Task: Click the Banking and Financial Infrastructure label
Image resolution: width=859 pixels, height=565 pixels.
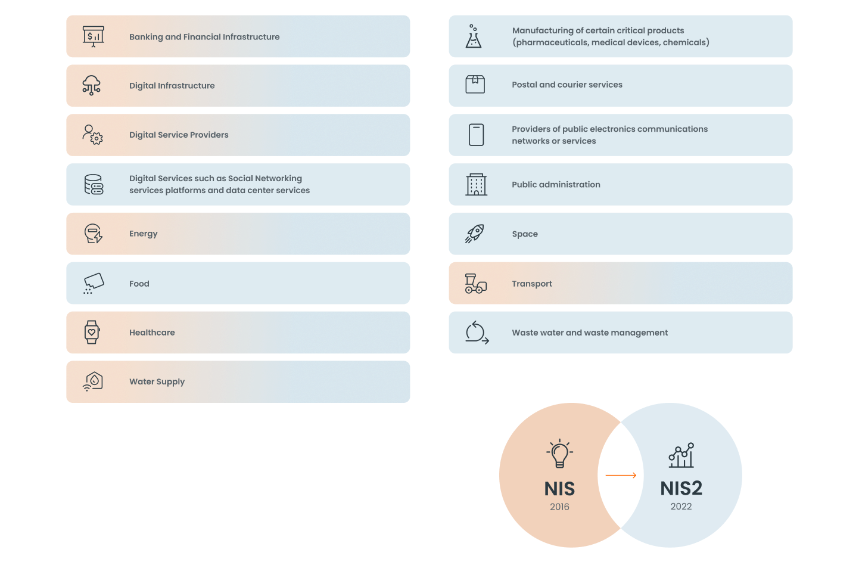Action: coord(204,37)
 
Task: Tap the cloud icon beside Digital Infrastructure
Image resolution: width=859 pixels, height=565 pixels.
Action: coord(91,85)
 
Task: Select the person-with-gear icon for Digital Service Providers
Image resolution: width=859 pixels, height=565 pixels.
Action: coord(92,135)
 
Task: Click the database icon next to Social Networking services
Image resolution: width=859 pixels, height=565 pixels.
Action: coord(94,185)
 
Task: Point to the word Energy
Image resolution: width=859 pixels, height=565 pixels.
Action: coord(144,234)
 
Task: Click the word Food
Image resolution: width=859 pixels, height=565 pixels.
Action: coord(139,284)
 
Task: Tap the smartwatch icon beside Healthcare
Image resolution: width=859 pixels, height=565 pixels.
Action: coord(92,332)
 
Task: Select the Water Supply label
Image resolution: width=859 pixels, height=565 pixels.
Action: coord(157,381)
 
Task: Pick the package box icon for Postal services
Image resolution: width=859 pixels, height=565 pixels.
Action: coord(475,85)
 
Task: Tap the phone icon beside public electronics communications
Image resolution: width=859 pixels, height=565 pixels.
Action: coord(477,135)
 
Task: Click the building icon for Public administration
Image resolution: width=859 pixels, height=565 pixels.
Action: coord(477,185)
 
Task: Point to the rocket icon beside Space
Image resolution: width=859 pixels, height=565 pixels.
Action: coord(475,234)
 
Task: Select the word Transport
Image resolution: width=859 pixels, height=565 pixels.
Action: coord(532,284)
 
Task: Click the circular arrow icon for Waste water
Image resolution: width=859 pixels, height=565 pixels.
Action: coord(477,333)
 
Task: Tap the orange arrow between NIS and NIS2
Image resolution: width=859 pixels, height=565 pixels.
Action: coord(621,475)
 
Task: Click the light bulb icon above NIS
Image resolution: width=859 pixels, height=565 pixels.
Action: coord(559,454)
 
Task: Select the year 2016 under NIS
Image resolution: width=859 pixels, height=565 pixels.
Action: coord(559,507)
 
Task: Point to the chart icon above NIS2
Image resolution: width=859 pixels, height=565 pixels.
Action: coord(681,455)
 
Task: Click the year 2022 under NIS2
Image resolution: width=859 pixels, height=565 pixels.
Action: coord(681,507)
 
